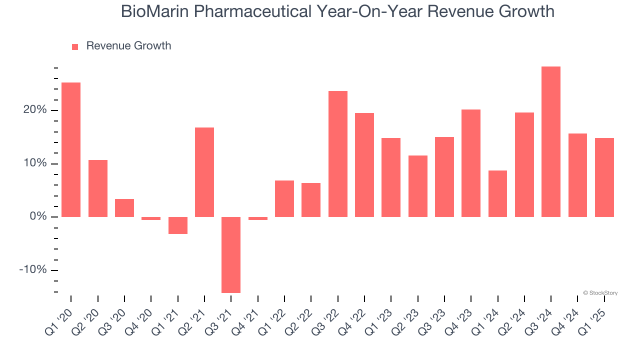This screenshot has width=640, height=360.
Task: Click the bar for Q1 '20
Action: [71, 149]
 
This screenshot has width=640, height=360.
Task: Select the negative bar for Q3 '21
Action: [231, 254]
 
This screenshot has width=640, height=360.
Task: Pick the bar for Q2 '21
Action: [204, 172]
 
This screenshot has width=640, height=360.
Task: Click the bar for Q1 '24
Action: [497, 193]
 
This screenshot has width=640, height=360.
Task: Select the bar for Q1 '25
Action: [604, 177]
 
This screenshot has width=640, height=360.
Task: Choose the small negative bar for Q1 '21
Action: [177, 225]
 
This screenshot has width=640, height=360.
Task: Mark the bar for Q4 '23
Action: [471, 163]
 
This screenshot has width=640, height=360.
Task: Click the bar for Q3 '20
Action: [124, 208]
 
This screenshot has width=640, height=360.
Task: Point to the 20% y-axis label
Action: [34, 110]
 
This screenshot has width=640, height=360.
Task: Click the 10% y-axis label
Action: [34, 163]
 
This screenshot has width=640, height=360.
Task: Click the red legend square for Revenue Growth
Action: [75, 46]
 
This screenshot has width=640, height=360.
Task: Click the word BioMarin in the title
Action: [154, 11]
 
